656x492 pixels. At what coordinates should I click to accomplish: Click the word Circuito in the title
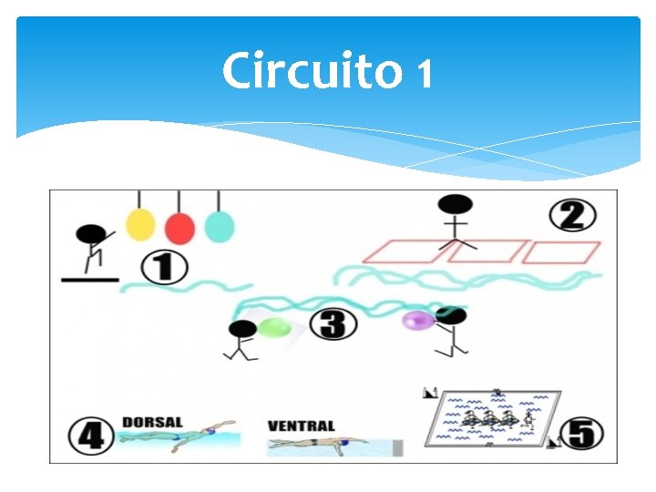pos(311,70)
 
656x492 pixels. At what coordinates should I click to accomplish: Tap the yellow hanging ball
pos(140,223)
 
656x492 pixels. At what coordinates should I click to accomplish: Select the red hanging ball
pos(179,225)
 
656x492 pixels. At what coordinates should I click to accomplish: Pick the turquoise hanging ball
pos(219,225)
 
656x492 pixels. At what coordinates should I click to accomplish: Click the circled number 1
pos(165,268)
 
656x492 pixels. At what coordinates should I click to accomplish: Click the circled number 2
pos(573,216)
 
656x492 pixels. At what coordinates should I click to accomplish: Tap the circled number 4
pos(90,435)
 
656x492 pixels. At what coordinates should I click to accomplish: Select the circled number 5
pos(580,433)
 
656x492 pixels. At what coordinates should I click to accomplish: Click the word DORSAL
pos(151,422)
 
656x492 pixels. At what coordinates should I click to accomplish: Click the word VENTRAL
pos(301,425)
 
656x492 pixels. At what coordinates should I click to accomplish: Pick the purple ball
pos(417,319)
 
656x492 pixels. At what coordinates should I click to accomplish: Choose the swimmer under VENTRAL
pos(319,445)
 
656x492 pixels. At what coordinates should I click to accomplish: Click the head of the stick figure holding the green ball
pos(242,328)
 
